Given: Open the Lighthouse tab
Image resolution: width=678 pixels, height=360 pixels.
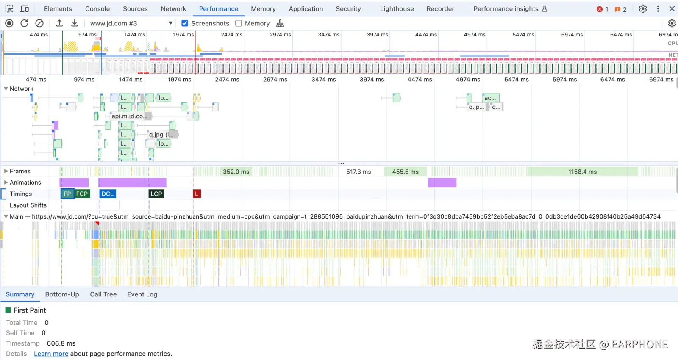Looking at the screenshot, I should (397, 9).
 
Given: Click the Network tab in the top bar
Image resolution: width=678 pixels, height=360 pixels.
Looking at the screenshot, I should (173, 9).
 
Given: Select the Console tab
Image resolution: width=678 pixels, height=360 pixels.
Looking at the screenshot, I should (97, 9).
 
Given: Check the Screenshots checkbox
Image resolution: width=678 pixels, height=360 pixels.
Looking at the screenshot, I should (185, 23).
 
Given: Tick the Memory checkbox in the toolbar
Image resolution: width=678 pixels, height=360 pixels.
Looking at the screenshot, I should (239, 23).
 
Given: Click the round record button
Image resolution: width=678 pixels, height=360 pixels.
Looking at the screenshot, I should (9, 23).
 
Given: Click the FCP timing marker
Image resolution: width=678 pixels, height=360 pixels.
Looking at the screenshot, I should (82, 194).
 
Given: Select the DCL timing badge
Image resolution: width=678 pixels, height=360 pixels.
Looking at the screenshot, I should (108, 194).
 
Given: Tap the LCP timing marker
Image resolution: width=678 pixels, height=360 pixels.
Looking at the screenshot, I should (156, 194).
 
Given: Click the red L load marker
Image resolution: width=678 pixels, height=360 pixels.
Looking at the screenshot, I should (197, 194).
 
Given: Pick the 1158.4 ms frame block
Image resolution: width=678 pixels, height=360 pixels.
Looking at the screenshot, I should (582, 172).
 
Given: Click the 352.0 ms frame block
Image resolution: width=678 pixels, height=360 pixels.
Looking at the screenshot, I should (236, 172).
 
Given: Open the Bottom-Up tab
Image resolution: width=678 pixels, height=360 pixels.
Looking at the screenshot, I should (62, 294).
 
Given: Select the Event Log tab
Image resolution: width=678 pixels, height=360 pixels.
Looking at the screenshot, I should (142, 294).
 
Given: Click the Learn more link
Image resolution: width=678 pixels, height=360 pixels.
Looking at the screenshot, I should (51, 354).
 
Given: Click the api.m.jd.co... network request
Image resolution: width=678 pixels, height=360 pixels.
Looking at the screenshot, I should (129, 116).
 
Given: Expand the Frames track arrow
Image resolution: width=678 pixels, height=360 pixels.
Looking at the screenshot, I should (6, 171).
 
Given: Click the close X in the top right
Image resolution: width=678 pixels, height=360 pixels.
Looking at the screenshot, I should (672, 9).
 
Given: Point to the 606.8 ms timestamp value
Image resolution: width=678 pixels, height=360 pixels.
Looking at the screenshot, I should (61, 343).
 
